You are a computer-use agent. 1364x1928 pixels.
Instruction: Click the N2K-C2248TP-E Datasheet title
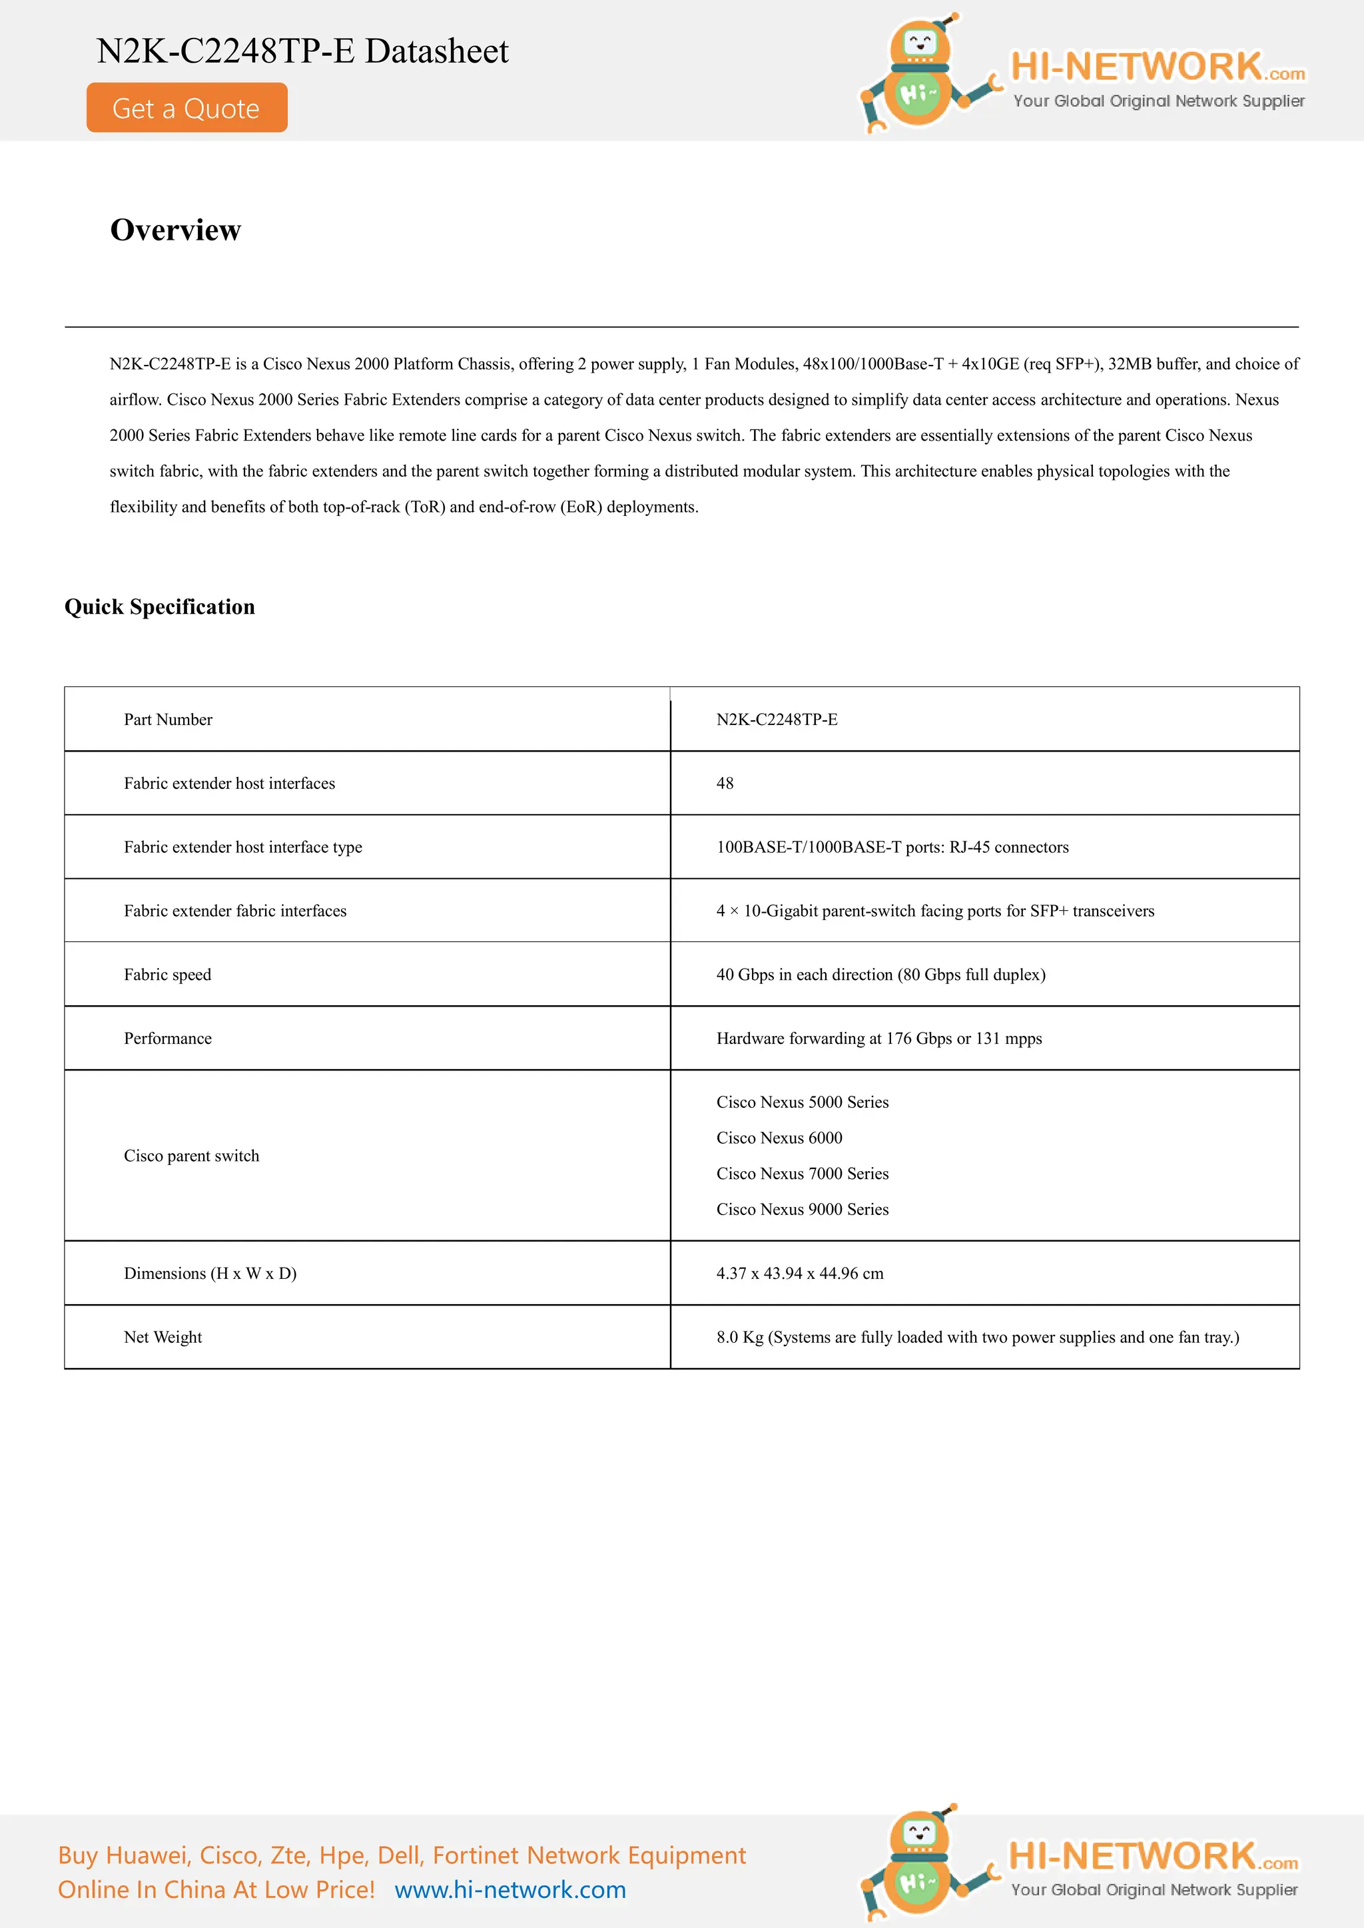click(302, 51)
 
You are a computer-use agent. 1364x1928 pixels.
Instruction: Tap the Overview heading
click(176, 229)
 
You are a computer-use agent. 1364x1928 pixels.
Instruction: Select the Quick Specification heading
click(160, 606)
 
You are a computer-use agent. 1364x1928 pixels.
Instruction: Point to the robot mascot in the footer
click(920, 1863)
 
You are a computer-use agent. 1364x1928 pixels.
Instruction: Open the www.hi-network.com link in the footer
click(510, 1889)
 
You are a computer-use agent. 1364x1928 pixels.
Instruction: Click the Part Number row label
click(168, 720)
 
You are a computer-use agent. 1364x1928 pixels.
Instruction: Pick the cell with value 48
click(725, 784)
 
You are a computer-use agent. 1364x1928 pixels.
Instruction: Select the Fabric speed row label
click(168, 975)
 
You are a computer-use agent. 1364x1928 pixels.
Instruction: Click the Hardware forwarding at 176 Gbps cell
click(878, 1039)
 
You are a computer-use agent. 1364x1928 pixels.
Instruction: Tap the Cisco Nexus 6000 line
click(779, 1138)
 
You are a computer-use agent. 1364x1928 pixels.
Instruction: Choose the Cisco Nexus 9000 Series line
click(802, 1209)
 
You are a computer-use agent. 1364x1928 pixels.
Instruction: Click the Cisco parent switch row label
click(192, 1156)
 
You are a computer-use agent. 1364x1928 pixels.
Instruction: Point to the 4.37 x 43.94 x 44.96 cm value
click(800, 1274)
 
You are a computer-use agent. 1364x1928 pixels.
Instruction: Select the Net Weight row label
click(163, 1337)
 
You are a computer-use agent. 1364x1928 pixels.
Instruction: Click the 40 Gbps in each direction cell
click(880, 975)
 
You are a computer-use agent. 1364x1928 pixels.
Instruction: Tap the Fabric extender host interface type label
click(242, 847)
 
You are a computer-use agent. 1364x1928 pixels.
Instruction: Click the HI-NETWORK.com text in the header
click(1157, 67)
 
